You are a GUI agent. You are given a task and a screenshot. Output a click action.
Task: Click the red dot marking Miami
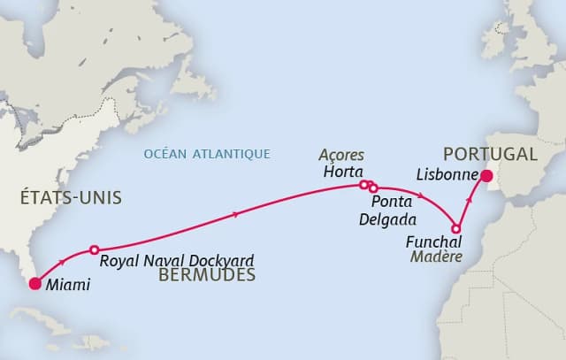[34, 284]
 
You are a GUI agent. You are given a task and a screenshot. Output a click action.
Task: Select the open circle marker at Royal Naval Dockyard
[94, 250]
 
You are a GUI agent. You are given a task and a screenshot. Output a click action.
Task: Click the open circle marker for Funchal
[456, 227]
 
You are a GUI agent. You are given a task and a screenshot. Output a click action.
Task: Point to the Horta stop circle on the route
[363, 185]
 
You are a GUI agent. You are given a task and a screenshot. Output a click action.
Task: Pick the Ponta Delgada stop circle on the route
[373, 188]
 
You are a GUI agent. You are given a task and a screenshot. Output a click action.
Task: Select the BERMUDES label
[207, 276]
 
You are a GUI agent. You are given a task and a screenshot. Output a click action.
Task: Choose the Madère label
[434, 257]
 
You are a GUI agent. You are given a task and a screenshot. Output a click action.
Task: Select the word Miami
[68, 286]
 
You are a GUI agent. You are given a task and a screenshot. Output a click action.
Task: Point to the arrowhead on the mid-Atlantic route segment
[235, 214]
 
